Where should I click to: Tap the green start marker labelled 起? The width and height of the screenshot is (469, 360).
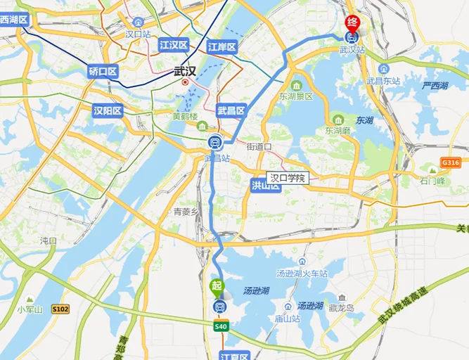pos(217,285)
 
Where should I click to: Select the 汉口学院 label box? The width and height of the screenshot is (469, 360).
pos(288,179)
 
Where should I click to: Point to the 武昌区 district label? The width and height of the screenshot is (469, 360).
pos(231,110)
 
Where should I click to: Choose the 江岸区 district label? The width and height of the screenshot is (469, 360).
pos(222,47)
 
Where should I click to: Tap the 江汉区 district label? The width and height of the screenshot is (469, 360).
pos(174,45)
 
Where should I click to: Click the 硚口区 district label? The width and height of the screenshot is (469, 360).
pos(103,71)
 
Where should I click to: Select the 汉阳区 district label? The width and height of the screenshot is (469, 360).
pos(108,110)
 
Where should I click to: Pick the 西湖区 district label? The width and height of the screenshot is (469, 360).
pos(13,20)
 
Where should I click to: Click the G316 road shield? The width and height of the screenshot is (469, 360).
pos(450,163)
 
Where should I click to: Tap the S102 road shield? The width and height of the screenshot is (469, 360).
pos(60,308)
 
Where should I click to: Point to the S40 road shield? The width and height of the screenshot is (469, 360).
pos(221,326)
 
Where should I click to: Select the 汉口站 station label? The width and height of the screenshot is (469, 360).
pos(138,34)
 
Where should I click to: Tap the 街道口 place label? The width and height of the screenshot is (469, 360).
pos(259,147)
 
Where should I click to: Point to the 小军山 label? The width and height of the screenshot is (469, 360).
pos(30,309)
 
